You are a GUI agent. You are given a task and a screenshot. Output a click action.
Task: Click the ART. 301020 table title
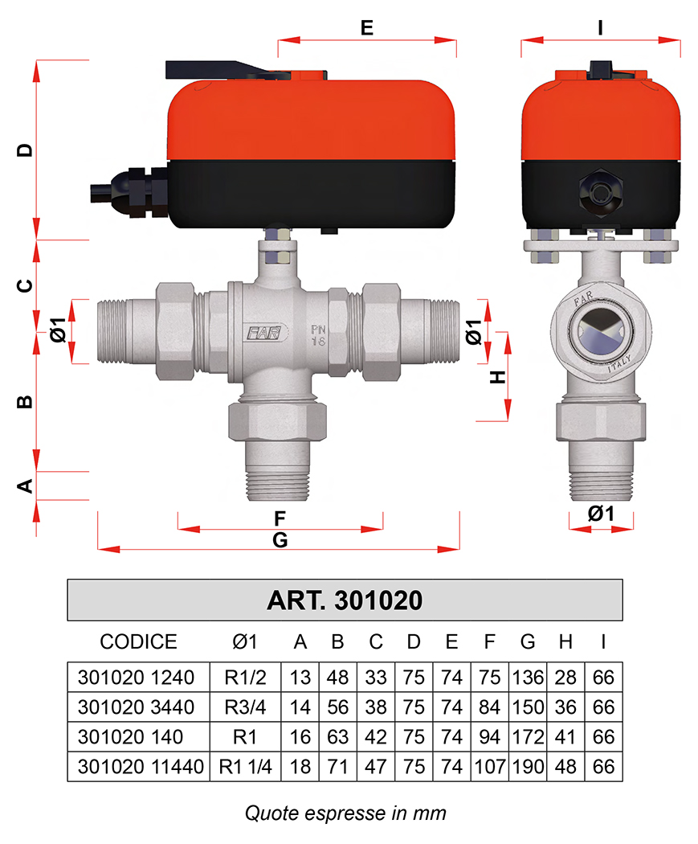coord(345,600)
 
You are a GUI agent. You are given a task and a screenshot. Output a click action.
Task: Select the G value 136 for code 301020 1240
coord(528,677)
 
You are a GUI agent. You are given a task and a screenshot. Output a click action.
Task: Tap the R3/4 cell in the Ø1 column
coord(245,707)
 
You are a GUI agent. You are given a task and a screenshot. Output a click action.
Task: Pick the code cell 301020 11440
coord(141,767)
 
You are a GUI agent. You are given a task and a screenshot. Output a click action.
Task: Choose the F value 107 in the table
coord(489,767)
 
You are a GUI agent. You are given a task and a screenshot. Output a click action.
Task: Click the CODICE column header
coord(138,641)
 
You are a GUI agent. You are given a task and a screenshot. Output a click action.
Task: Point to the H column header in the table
coord(565,641)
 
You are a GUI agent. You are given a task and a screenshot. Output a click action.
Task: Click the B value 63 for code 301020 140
coord(337,736)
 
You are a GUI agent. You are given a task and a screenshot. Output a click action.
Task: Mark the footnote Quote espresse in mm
coord(345,813)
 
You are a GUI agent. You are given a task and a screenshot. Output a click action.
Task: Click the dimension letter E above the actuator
coord(367,27)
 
